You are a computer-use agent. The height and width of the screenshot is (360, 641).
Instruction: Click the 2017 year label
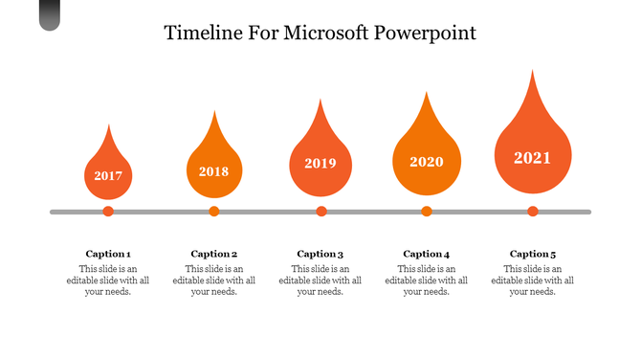[108, 176]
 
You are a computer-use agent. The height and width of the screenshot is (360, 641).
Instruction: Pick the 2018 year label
[214, 172]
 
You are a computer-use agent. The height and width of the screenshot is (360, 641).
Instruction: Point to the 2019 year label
[320, 164]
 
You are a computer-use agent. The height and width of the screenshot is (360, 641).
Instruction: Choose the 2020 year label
[427, 162]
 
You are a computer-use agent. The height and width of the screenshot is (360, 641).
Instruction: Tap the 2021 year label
[533, 158]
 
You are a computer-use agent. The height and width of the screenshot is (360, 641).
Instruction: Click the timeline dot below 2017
[108, 212]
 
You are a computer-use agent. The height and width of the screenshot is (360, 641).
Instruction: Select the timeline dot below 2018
[214, 212]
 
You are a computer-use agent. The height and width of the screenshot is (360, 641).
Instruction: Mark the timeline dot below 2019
[321, 212]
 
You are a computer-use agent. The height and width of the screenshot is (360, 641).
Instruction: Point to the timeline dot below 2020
[427, 212]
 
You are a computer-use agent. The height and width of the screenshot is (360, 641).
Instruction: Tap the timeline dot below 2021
[533, 212]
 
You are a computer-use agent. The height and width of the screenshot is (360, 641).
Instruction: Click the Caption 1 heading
[108, 254]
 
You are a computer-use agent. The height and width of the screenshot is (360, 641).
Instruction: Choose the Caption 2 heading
[214, 254]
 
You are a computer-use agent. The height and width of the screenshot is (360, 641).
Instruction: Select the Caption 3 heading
[320, 254]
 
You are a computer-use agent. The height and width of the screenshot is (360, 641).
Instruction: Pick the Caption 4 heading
[427, 254]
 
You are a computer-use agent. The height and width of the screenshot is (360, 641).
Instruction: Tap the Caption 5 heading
[533, 254]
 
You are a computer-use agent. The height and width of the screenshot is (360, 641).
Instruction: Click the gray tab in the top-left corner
[50, 14]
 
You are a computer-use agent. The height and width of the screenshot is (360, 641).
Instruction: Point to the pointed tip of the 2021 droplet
[533, 72]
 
